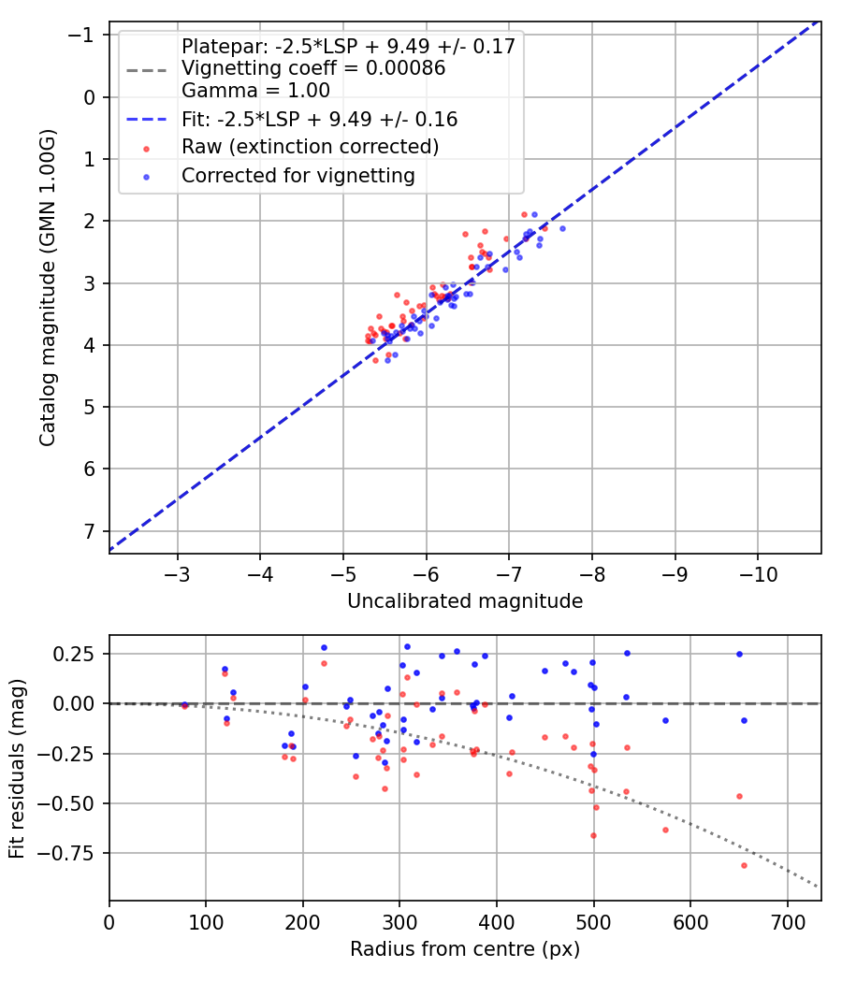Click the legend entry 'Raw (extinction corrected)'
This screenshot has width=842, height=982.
click(x=310, y=147)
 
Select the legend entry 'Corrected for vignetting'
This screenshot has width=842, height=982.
click(x=298, y=175)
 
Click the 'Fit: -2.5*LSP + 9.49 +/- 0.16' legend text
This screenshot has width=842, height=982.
click(x=319, y=120)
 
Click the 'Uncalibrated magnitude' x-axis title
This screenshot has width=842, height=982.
click(x=465, y=601)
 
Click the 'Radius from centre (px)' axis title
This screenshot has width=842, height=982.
click(x=465, y=949)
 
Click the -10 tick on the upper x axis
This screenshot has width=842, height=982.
click(x=758, y=572)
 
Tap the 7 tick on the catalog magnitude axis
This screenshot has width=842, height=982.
click(x=90, y=530)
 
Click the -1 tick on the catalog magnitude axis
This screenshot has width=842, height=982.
click(x=85, y=36)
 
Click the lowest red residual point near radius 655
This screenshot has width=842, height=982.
click(x=744, y=865)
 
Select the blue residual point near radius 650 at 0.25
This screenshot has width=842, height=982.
click(x=739, y=654)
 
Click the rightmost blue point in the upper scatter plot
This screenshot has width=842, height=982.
click(x=562, y=228)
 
